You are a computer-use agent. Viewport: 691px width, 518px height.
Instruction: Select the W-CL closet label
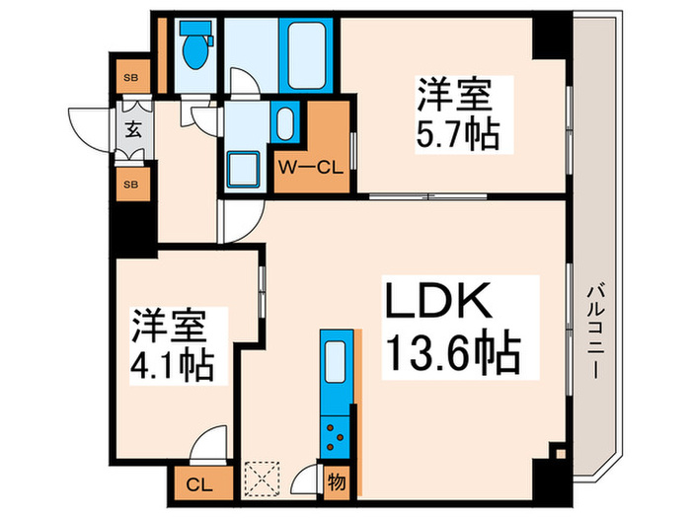[309, 167]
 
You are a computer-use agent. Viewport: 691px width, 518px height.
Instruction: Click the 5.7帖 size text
[456, 133]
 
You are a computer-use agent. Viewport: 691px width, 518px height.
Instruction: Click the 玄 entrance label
[131, 129]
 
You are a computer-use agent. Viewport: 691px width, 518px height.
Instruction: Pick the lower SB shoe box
[130, 184]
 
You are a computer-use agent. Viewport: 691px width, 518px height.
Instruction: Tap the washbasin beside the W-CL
[283, 123]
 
